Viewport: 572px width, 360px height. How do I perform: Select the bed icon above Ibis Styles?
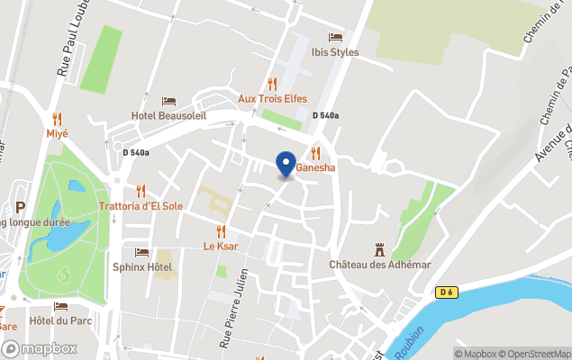(x=335, y=37)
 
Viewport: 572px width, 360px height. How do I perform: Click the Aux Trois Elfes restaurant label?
(x=273, y=99)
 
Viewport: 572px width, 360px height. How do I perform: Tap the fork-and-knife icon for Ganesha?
(x=315, y=152)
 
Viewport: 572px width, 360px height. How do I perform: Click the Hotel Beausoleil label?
(x=168, y=115)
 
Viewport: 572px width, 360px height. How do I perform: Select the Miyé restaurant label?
(x=58, y=133)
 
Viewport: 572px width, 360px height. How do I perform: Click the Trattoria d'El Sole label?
(x=141, y=206)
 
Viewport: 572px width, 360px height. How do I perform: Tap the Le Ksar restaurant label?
(x=221, y=246)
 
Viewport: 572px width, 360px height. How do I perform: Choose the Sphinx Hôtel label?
(x=142, y=267)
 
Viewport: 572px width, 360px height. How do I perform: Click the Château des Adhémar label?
(x=380, y=265)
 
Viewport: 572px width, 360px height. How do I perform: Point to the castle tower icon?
(x=380, y=248)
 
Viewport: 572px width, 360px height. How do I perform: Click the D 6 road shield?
(x=447, y=292)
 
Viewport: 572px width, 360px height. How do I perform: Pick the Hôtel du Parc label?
(x=62, y=320)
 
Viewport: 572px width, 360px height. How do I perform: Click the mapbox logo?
(x=40, y=348)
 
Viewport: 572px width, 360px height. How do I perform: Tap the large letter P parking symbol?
(x=20, y=208)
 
